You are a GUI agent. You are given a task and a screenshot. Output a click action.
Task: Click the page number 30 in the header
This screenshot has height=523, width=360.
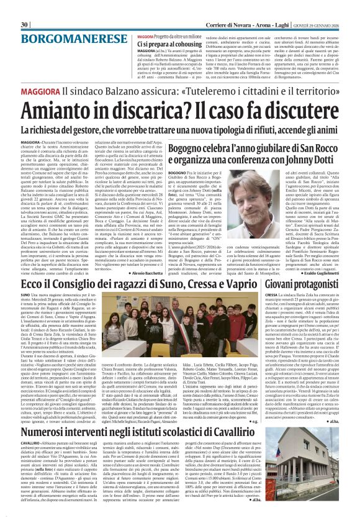[x=24, y=7]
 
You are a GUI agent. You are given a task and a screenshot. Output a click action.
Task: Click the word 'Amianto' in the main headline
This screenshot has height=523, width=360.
[x=58, y=111]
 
